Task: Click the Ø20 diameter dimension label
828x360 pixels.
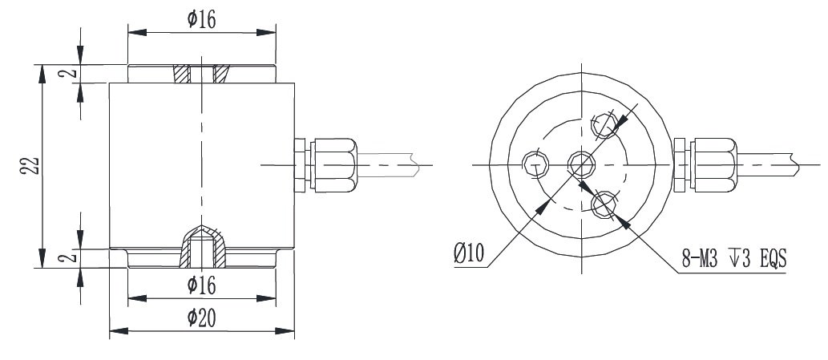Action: (202, 318)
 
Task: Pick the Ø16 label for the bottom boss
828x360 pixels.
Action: (202, 284)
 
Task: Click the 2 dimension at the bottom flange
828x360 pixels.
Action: (71, 257)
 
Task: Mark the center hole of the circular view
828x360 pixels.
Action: (580, 164)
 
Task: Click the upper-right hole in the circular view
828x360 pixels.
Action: (604, 123)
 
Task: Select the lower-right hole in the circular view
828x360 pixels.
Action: (604, 205)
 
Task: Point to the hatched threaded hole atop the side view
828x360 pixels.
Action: (201, 74)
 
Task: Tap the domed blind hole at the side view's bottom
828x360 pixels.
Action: (201, 245)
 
